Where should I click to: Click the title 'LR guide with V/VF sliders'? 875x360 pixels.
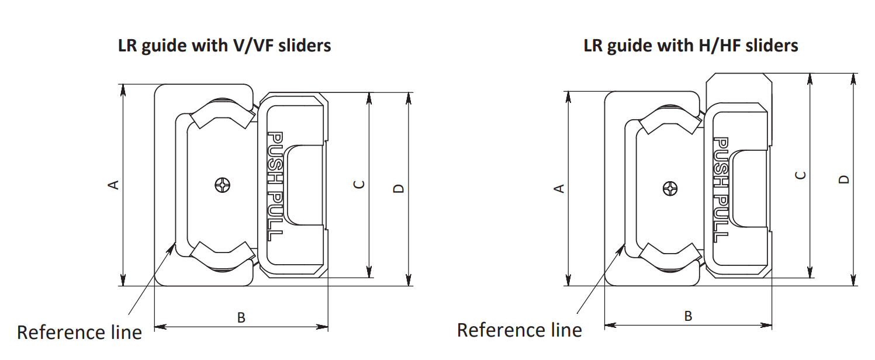[224, 46]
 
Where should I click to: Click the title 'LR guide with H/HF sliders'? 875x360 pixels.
[691, 46]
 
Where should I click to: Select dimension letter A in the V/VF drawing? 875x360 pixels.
[115, 185]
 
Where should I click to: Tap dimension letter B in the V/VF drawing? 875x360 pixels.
[241, 318]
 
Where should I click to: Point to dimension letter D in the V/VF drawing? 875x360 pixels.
[399, 188]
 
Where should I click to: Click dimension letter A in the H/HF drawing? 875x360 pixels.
[559, 188]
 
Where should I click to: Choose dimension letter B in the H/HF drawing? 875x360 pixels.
[688, 316]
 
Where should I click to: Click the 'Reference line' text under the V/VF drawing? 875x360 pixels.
[79, 333]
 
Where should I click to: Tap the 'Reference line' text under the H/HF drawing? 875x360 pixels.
[519, 330]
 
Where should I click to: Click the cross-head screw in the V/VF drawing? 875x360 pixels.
[223, 185]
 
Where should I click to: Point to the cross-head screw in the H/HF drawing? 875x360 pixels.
[670, 189]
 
